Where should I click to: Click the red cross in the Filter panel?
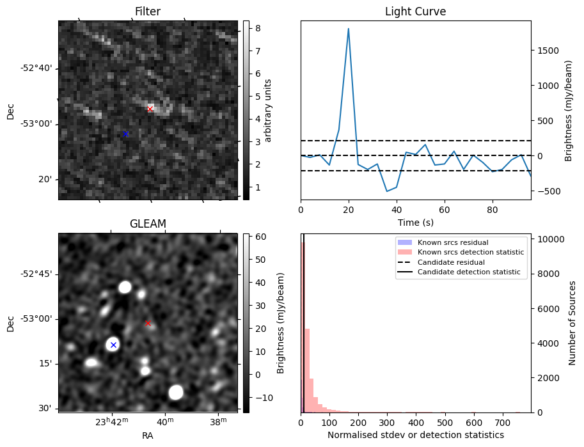pyautogui.click(x=150, y=109)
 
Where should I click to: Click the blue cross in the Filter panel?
pyautogui.click(x=125, y=134)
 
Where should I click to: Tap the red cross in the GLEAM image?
pyautogui.click(x=148, y=323)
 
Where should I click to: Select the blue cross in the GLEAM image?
pyautogui.click(x=113, y=345)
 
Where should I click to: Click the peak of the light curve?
pyautogui.click(x=349, y=28)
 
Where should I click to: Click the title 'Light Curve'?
pyautogui.click(x=415, y=12)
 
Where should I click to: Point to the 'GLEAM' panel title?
pyautogui.click(x=148, y=223)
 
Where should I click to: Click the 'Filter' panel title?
pyautogui.click(x=148, y=12)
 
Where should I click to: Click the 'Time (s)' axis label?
pyautogui.click(x=415, y=222)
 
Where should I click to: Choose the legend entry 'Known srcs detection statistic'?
pyautogui.click(x=471, y=253)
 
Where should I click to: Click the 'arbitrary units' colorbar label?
pyautogui.click(x=268, y=110)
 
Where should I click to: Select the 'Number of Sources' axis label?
pyautogui.click(x=572, y=323)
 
